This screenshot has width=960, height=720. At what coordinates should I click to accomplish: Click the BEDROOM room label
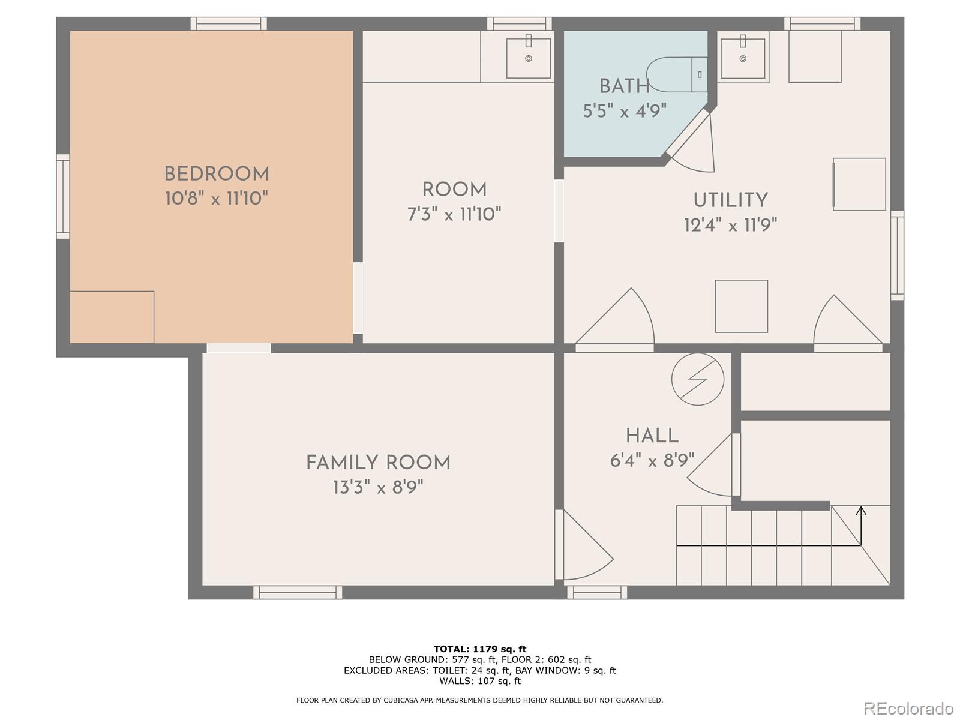tap(217, 175)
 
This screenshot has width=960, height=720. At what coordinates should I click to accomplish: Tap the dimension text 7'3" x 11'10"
tap(454, 214)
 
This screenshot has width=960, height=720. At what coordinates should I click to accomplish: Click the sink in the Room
tap(528, 58)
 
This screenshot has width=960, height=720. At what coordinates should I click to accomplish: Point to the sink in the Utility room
tap(743, 58)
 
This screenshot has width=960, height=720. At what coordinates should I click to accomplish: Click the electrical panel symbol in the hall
tap(698, 379)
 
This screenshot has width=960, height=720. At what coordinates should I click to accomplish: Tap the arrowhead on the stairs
tap(861, 511)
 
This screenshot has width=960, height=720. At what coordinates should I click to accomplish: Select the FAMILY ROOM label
tap(378, 463)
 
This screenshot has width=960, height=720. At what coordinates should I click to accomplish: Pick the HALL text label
tap(652, 436)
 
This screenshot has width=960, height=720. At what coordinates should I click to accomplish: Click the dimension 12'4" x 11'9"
tap(730, 226)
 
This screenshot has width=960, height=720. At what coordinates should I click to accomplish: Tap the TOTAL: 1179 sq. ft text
tap(480, 649)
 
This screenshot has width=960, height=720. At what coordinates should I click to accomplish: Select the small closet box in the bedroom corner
tap(112, 317)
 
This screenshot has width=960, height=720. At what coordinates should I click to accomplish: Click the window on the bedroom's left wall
tap(63, 197)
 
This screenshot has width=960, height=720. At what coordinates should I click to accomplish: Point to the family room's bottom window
tap(298, 592)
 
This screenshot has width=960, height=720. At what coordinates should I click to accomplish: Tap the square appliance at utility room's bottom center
tap(741, 306)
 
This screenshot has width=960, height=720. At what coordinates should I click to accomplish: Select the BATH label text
tap(624, 86)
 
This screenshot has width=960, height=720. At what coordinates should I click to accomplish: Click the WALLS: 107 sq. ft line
tap(480, 681)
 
